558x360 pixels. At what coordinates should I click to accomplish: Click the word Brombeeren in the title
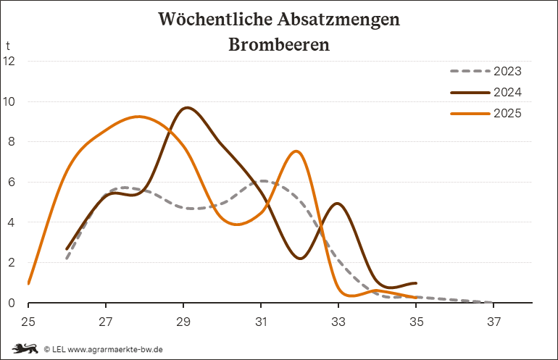[279, 44]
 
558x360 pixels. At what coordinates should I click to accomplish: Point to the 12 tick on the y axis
[9, 61]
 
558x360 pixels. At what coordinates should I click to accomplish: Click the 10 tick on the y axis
[9, 101]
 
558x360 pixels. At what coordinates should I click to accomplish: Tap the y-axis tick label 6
[12, 182]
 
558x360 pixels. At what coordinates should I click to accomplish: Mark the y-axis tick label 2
[12, 263]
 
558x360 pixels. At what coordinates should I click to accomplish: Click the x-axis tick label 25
[28, 321]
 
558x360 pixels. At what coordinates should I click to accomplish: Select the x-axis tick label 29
[183, 321]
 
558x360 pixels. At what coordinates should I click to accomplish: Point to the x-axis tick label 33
[338, 321]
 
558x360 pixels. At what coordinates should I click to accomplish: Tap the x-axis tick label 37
[494, 321]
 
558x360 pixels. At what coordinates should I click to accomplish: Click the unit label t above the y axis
[8, 46]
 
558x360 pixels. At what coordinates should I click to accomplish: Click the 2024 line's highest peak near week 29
[188, 108]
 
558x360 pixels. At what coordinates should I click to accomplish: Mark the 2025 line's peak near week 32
[296, 151]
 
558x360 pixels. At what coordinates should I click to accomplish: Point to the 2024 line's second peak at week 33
[338, 204]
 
